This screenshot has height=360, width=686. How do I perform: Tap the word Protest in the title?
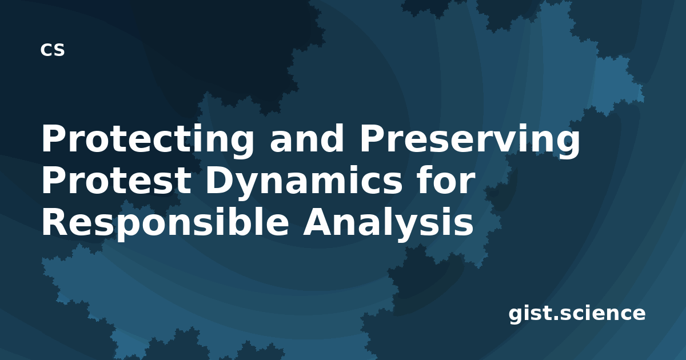pyautogui.click(x=117, y=181)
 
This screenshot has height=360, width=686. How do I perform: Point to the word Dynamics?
pyautogui.click(x=304, y=183)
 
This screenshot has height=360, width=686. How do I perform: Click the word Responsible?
pyautogui.click(x=165, y=223)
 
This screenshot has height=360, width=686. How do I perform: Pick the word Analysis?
pyautogui.click(x=388, y=223)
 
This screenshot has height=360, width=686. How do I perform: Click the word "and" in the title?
pyautogui.click(x=307, y=139)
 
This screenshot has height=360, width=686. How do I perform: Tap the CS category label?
pyautogui.click(x=53, y=50)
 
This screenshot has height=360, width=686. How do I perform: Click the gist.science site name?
pyautogui.click(x=577, y=314)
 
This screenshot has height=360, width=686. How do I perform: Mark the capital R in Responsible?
pyautogui.click(x=57, y=222)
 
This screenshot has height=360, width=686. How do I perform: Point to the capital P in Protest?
pyautogui.click(x=55, y=181)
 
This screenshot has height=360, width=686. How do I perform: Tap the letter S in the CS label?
pyautogui.click(x=59, y=50)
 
